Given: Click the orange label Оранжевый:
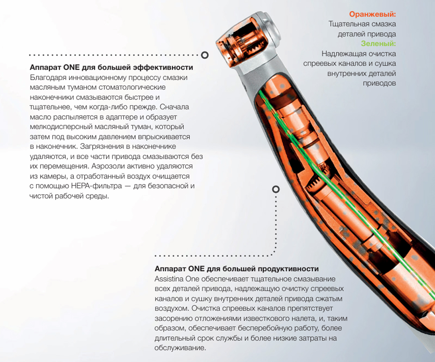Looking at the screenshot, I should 372,14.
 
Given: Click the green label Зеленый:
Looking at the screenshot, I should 378,43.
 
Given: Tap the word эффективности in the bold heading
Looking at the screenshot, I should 168,67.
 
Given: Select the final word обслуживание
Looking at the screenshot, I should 180,348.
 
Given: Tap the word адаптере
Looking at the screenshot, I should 119,117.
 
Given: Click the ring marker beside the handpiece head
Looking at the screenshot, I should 205,54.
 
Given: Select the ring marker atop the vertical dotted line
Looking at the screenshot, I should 276,189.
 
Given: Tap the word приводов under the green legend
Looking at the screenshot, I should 379,83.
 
